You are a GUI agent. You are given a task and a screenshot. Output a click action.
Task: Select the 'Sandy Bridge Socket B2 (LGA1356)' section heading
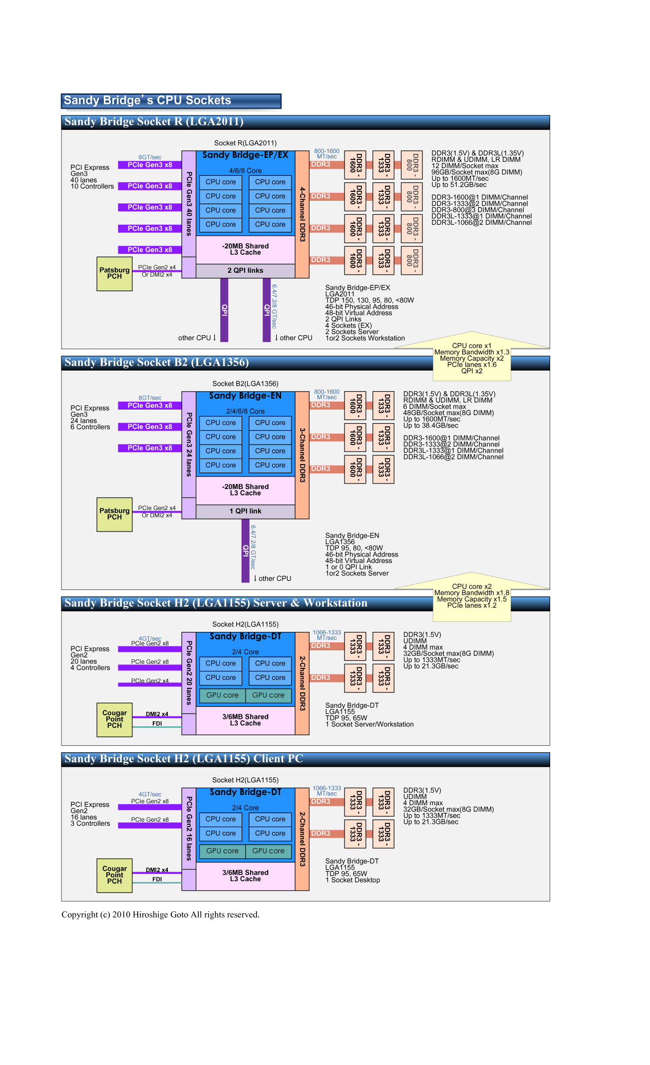tap(157, 363)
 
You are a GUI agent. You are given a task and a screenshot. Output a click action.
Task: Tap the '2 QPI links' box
tap(245, 271)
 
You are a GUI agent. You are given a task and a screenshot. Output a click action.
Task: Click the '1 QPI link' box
tap(245, 512)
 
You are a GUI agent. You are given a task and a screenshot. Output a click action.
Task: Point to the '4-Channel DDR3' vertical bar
tap(302, 214)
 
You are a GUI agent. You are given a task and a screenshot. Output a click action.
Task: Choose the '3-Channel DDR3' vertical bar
tap(302, 455)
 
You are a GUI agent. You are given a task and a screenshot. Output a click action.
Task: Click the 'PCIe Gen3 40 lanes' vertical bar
tap(189, 204)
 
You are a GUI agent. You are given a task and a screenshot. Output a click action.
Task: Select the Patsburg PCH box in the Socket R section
tap(114, 274)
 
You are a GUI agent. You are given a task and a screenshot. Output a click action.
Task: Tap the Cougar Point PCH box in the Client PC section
tap(114, 875)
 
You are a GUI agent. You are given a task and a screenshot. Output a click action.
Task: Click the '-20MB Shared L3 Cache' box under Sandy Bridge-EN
tap(245, 490)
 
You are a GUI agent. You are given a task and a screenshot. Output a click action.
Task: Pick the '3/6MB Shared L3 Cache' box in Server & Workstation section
tap(245, 720)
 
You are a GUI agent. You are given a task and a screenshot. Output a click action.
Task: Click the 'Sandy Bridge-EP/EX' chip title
tap(245, 155)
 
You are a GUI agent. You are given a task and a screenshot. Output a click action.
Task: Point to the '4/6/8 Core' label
tap(245, 171)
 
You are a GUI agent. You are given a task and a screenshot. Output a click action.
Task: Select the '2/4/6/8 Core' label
tap(245, 412)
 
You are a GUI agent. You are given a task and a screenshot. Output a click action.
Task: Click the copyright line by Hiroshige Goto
tap(160, 915)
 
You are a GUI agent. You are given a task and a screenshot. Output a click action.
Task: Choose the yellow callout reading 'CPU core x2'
tap(472, 596)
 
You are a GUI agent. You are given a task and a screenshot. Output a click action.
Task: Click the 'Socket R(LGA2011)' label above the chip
tap(245, 143)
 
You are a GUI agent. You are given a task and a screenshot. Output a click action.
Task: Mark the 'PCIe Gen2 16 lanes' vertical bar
tap(189, 828)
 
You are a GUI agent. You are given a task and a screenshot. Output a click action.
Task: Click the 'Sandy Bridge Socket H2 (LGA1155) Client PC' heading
tap(184, 759)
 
